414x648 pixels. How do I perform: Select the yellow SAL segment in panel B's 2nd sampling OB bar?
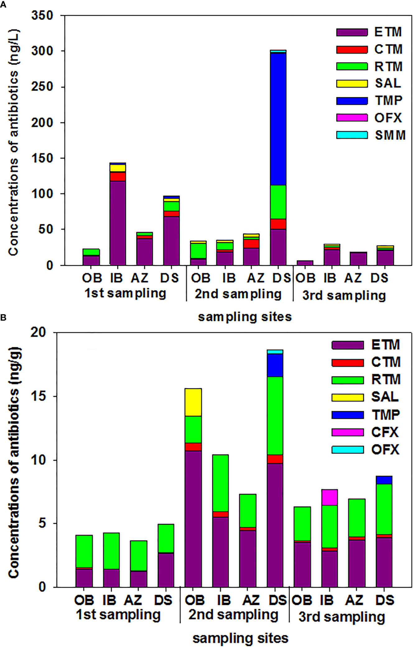[x=193, y=402]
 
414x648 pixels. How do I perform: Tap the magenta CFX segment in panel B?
[x=329, y=497]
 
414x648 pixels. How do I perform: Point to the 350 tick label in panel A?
[x=42, y=15]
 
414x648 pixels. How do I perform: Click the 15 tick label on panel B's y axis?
[x=39, y=396]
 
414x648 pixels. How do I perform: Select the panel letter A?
[x=3, y=5]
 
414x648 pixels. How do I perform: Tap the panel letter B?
[x=3, y=318]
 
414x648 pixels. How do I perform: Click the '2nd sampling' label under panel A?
[x=238, y=294]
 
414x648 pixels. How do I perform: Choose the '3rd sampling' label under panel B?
[x=342, y=617]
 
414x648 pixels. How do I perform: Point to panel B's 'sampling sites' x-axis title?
[x=240, y=638]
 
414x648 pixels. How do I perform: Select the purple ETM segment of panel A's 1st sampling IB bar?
[x=118, y=223]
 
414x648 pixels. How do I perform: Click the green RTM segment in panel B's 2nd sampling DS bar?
[x=275, y=416]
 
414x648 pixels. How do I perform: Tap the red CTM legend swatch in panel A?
[x=352, y=49]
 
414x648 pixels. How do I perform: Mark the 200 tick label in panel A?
[x=42, y=122]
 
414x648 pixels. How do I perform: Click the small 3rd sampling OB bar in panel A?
[x=305, y=263]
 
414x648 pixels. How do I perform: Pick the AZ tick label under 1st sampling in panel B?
[x=133, y=600]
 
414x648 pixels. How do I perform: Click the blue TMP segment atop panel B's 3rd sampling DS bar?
[x=384, y=480]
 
